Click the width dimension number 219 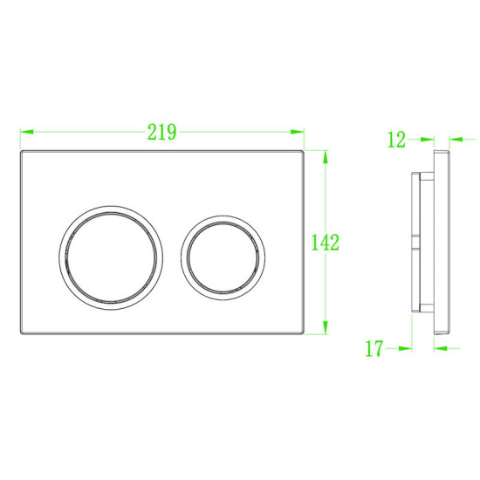click(x=162, y=133)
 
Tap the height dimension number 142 click(x=325, y=243)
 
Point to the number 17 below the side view click(x=374, y=349)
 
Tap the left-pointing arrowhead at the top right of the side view click(x=455, y=139)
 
